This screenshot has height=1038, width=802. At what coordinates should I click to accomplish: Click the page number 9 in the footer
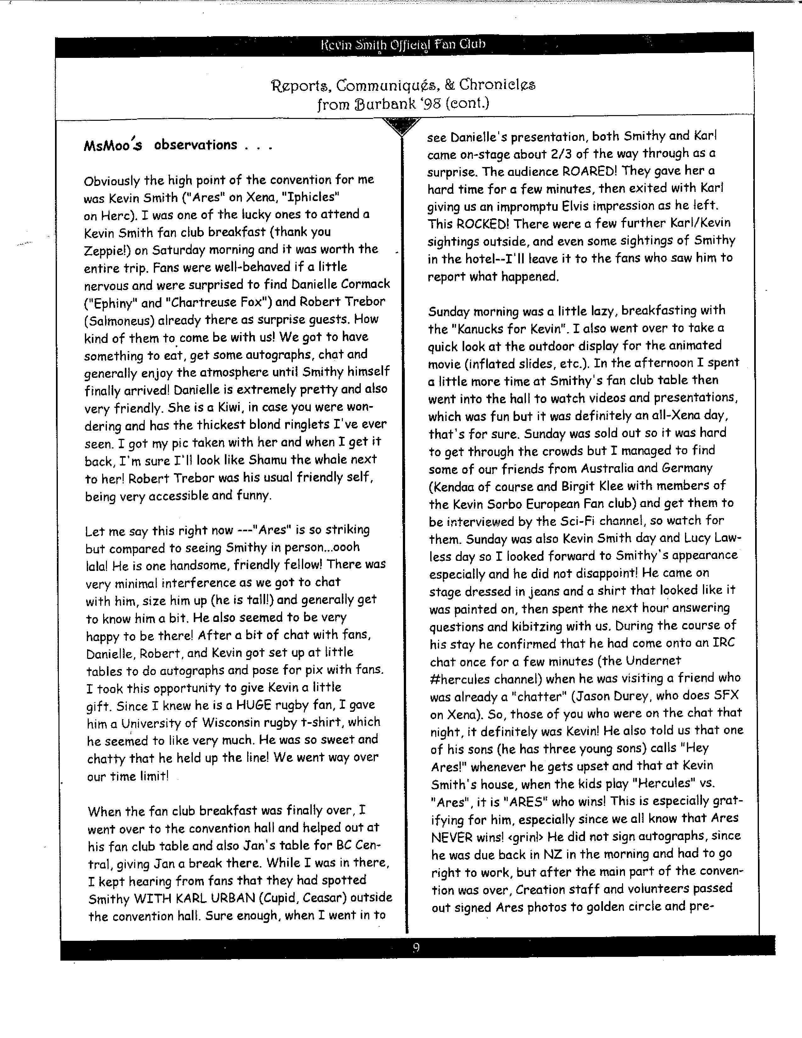[416, 948]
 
